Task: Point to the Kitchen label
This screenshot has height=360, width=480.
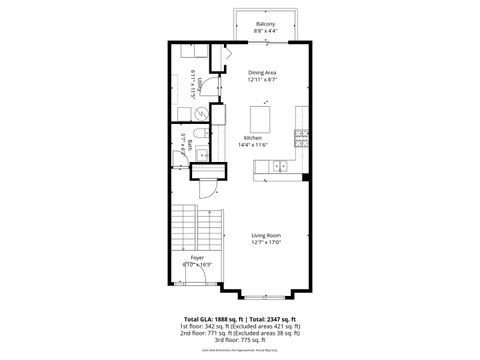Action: pyautogui.click(x=252, y=138)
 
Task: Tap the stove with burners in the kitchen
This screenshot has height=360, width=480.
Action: pyautogui.click(x=300, y=134)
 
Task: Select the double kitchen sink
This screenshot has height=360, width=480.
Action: pyautogui.click(x=283, y=166)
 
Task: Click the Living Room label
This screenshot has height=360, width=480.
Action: pyautogui.click(x=265, y=235)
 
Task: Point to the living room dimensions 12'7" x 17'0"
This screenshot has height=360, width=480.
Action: pyautogui.click(x=265, y=242)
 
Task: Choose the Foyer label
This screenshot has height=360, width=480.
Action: pyautogui.click(x=198, y=259)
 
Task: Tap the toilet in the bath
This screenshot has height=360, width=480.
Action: pyautogui.click(x=201, y=134)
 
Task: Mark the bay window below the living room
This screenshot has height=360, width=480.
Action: pyautogui.click(x=265, y=296)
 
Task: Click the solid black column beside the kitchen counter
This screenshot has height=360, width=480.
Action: pyautogui.click(x=304, y=178)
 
